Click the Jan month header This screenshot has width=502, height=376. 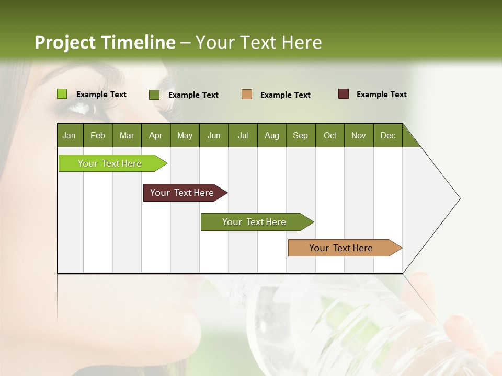[69, 135]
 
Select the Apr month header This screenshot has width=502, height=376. [155, 135]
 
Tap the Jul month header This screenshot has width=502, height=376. [243, 135]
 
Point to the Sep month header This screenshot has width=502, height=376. [300, 135]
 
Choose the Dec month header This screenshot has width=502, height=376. [387, 135]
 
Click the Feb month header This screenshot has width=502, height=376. [98, 135]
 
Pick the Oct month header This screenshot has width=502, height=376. [330, 135]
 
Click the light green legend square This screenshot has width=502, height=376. [62, 94]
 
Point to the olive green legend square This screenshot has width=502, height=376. [154, 95]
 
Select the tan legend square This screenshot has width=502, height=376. [246, 95]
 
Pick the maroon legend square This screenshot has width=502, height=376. [343, 94]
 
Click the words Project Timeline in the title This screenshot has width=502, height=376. [105, 42]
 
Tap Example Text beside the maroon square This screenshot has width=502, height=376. [381, 95]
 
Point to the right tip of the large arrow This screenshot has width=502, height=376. [459, 198]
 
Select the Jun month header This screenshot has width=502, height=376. [214, 135]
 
